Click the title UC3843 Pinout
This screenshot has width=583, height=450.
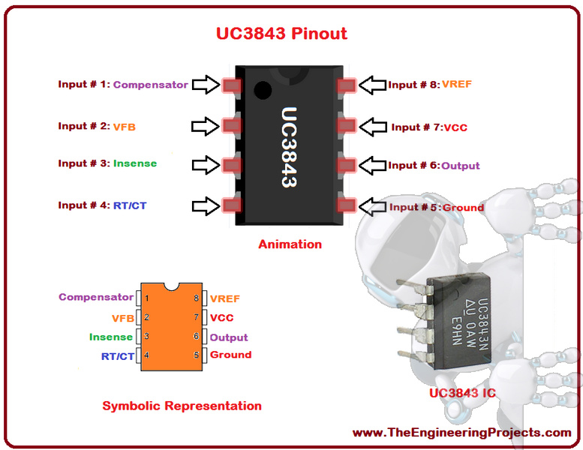pyautogui.click(x=281, y=34)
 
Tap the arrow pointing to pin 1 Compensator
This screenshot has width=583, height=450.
pyautogui.click(x=206, y=85)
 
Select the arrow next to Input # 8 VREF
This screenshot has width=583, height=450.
pyautogui.click(x=373, y=85)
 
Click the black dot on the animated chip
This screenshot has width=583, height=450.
pyautogui.click(x=263, y=90)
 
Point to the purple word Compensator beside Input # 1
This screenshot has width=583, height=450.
pyautogui.click(x=151, y=85)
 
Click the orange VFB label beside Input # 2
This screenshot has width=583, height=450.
pyautogui.click(x=125, y=127)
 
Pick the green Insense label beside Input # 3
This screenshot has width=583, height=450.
pyautogui.click(x=135, y=163)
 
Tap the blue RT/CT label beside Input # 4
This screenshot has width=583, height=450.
pyautogui.click(x=130, y=205)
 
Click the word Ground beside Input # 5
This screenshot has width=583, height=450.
pyautogui.click(x=463, y=207)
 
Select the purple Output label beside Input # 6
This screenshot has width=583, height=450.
pyautogui.click(x=460, y=166)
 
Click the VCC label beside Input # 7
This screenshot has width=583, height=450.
pyautogui.click(x=455, y=127)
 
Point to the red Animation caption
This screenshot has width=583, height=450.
pyautogui.click(x=290, y=244)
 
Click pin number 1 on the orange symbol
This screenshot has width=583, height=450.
pyautogui.click(x=147, y=298)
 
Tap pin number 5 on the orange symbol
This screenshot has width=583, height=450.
pyautogui.click(x=197, y=355)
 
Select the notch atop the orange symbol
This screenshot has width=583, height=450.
pyautogui.click(x=171, y=286)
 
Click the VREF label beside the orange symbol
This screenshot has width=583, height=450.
pyautogui.click(x=225, y=298)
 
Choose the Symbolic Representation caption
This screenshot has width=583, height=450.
pyautogui.click(x=182, y=406)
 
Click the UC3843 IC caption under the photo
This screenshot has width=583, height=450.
pyautogui.click(x=462, y=393)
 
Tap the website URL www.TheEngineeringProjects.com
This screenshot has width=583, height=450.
pyautogui.click(x=461, y=433)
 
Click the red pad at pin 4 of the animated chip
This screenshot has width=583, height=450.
pyautogui.click(x=232, y=205)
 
